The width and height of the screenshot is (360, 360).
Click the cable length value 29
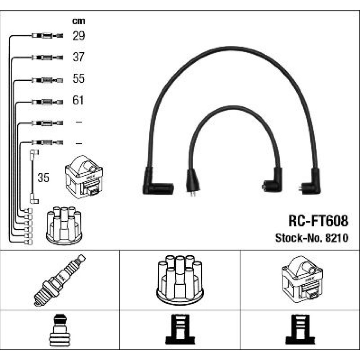[79, 36]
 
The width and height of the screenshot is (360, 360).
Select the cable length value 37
[78, 57]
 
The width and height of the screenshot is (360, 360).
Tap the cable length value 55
[78, 78]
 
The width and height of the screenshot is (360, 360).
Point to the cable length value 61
[78, 100]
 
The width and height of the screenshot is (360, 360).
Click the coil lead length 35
[43, 178]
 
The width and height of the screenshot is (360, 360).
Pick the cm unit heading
[79, 21]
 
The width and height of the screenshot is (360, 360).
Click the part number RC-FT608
[318, 221]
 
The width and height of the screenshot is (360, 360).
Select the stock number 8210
[337, 238]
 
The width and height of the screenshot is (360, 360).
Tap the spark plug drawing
[59, 280]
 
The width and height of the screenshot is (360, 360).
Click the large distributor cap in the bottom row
[180, 280]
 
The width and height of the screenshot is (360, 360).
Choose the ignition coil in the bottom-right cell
[302, 279]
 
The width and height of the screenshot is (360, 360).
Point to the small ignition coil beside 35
[84, 177]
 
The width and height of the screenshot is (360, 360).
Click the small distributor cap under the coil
[64, 225]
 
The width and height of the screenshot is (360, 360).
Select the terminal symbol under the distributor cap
[180, 329]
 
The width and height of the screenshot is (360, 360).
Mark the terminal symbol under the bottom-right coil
[300, 329]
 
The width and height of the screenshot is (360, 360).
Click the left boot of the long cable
[156, 184]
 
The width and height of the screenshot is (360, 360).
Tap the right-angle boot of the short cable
[273, 181]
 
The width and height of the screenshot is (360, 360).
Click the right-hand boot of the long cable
[311, 183]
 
